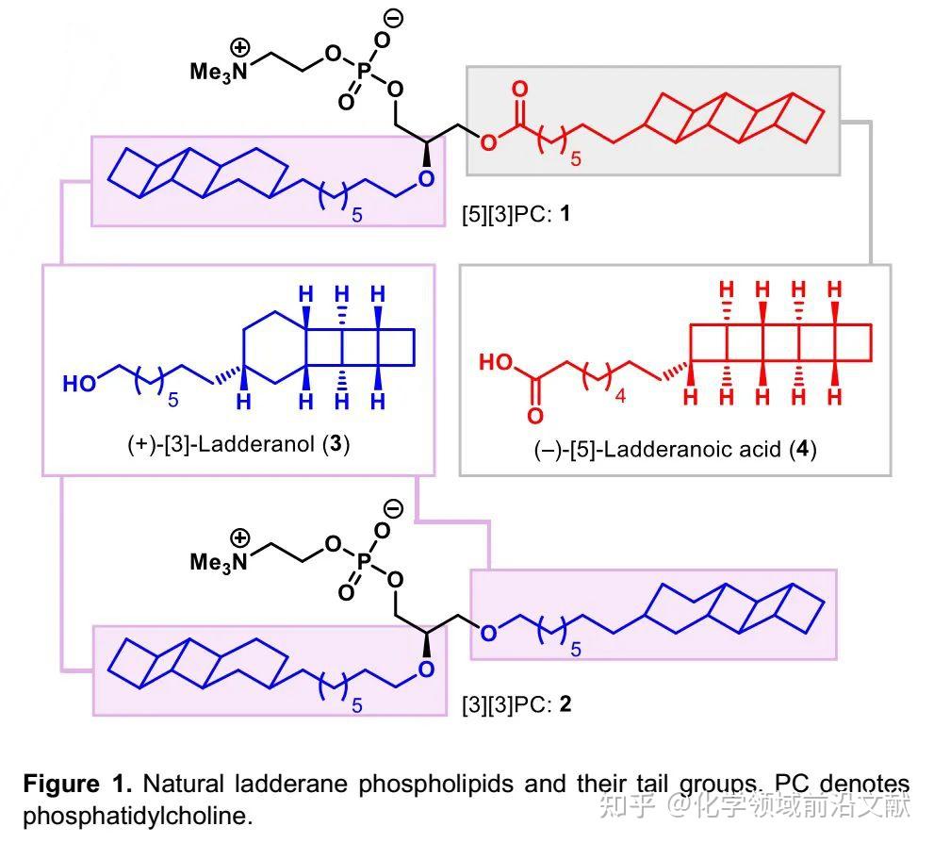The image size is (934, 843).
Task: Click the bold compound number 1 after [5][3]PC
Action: click(565, 213)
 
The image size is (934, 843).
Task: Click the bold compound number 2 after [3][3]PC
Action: click(565, 704)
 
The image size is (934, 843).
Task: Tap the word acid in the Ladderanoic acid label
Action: click(760, 449)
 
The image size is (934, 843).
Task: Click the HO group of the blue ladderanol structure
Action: click(79, 383)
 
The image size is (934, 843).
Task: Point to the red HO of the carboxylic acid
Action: click(496, 362)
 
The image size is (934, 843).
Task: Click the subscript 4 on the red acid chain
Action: click(620, 396)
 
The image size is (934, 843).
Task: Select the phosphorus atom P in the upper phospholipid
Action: click(364, 72)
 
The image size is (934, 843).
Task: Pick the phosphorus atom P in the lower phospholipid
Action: click(364, 562)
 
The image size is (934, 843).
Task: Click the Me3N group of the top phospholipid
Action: click(218, 72)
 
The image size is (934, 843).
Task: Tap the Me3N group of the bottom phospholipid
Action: click(218, 562)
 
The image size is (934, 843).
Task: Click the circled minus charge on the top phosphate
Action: click(393, 19)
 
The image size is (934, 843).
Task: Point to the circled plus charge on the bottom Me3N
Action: click(239, 538)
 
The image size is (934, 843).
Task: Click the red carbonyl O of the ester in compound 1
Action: click(519, 89)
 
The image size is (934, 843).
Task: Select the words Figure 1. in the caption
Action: click(77, 784)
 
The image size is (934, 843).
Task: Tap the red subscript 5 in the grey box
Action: click(576, 158)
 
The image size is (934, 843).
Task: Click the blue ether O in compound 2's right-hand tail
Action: click(488, 633)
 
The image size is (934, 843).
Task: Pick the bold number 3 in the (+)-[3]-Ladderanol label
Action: click(336, 444)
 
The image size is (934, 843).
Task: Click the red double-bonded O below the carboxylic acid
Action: click(535, 415)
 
